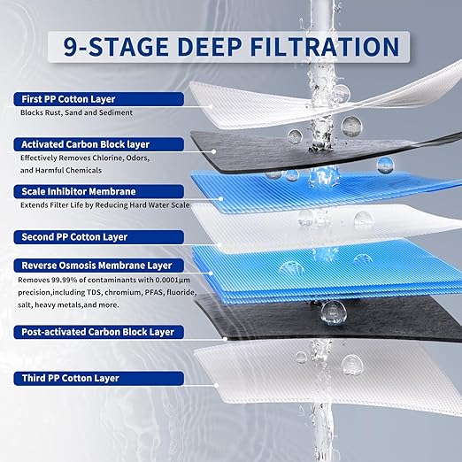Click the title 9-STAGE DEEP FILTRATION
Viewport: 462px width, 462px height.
[x=230, y=46]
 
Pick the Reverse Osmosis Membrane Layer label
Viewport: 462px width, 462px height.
[x=92, y=265]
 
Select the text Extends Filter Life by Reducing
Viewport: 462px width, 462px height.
[x=70, y=204]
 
